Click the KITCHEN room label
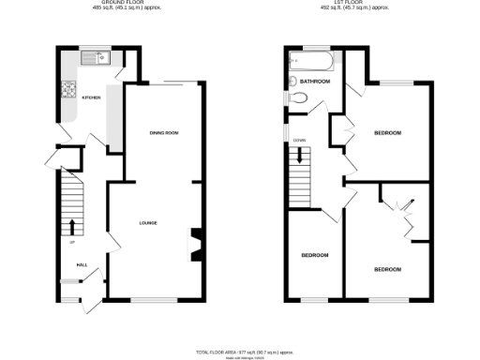(91, 97)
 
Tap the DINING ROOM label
(164, 133)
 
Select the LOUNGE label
(148, 223)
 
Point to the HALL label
(82, 265)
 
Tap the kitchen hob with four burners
(67, 91)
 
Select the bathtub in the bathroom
(310, 62)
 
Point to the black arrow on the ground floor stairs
(72, 226)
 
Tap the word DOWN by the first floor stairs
(299, 141)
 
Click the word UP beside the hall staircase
(71, 243)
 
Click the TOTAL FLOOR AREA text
(239, 350)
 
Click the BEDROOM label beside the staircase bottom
(315, 255)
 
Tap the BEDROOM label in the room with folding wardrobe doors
(387, 269)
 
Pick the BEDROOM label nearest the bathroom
(387, 133)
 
